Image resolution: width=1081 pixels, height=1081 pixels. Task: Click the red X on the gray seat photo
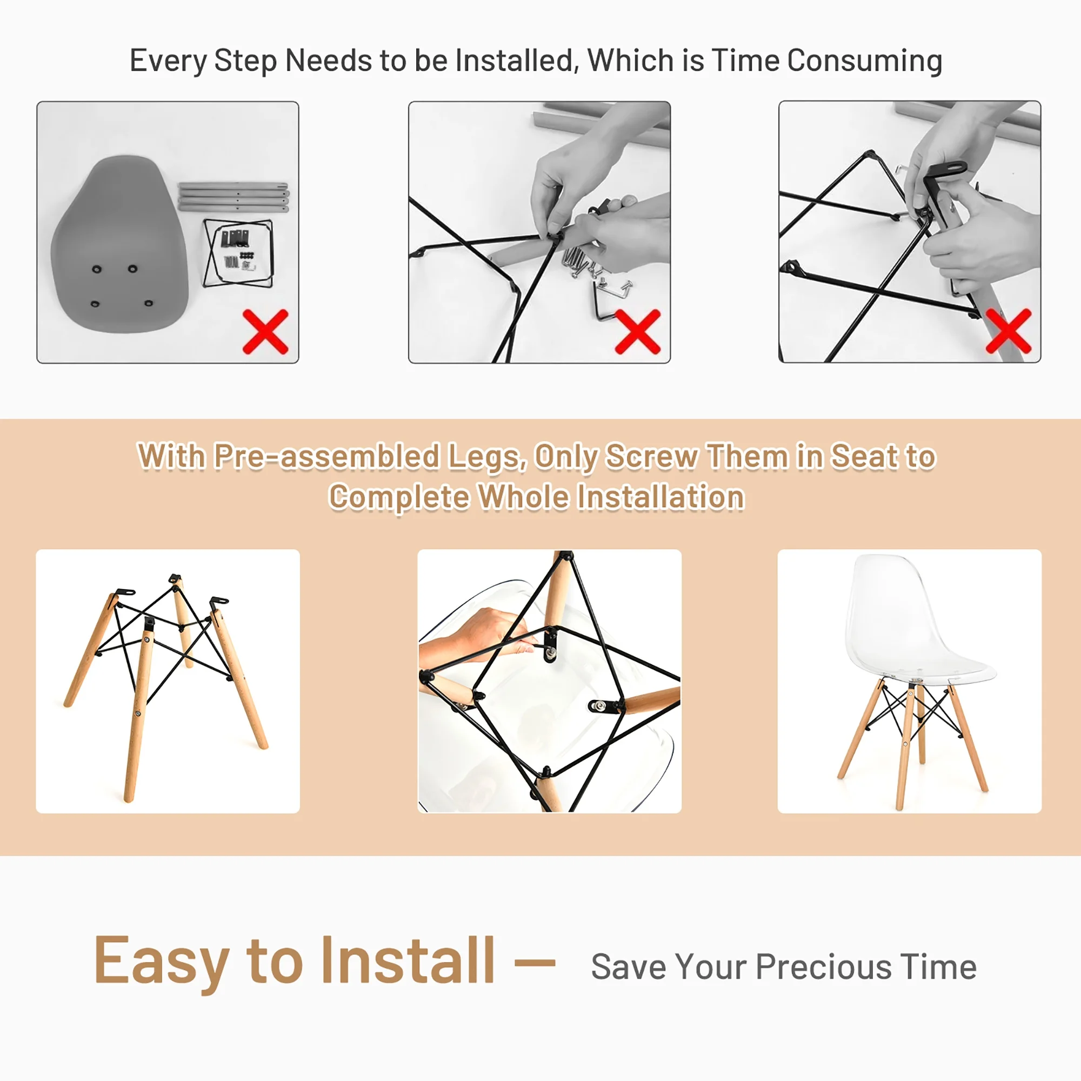[265, 331]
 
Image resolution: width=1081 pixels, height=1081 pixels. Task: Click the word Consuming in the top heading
[864, 62]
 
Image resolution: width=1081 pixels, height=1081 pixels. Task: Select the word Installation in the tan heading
[660, 497]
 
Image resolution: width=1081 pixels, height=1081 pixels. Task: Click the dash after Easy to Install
[535, 963]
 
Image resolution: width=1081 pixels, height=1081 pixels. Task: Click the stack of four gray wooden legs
[233, 197]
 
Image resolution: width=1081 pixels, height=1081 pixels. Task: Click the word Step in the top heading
[245, 62]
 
